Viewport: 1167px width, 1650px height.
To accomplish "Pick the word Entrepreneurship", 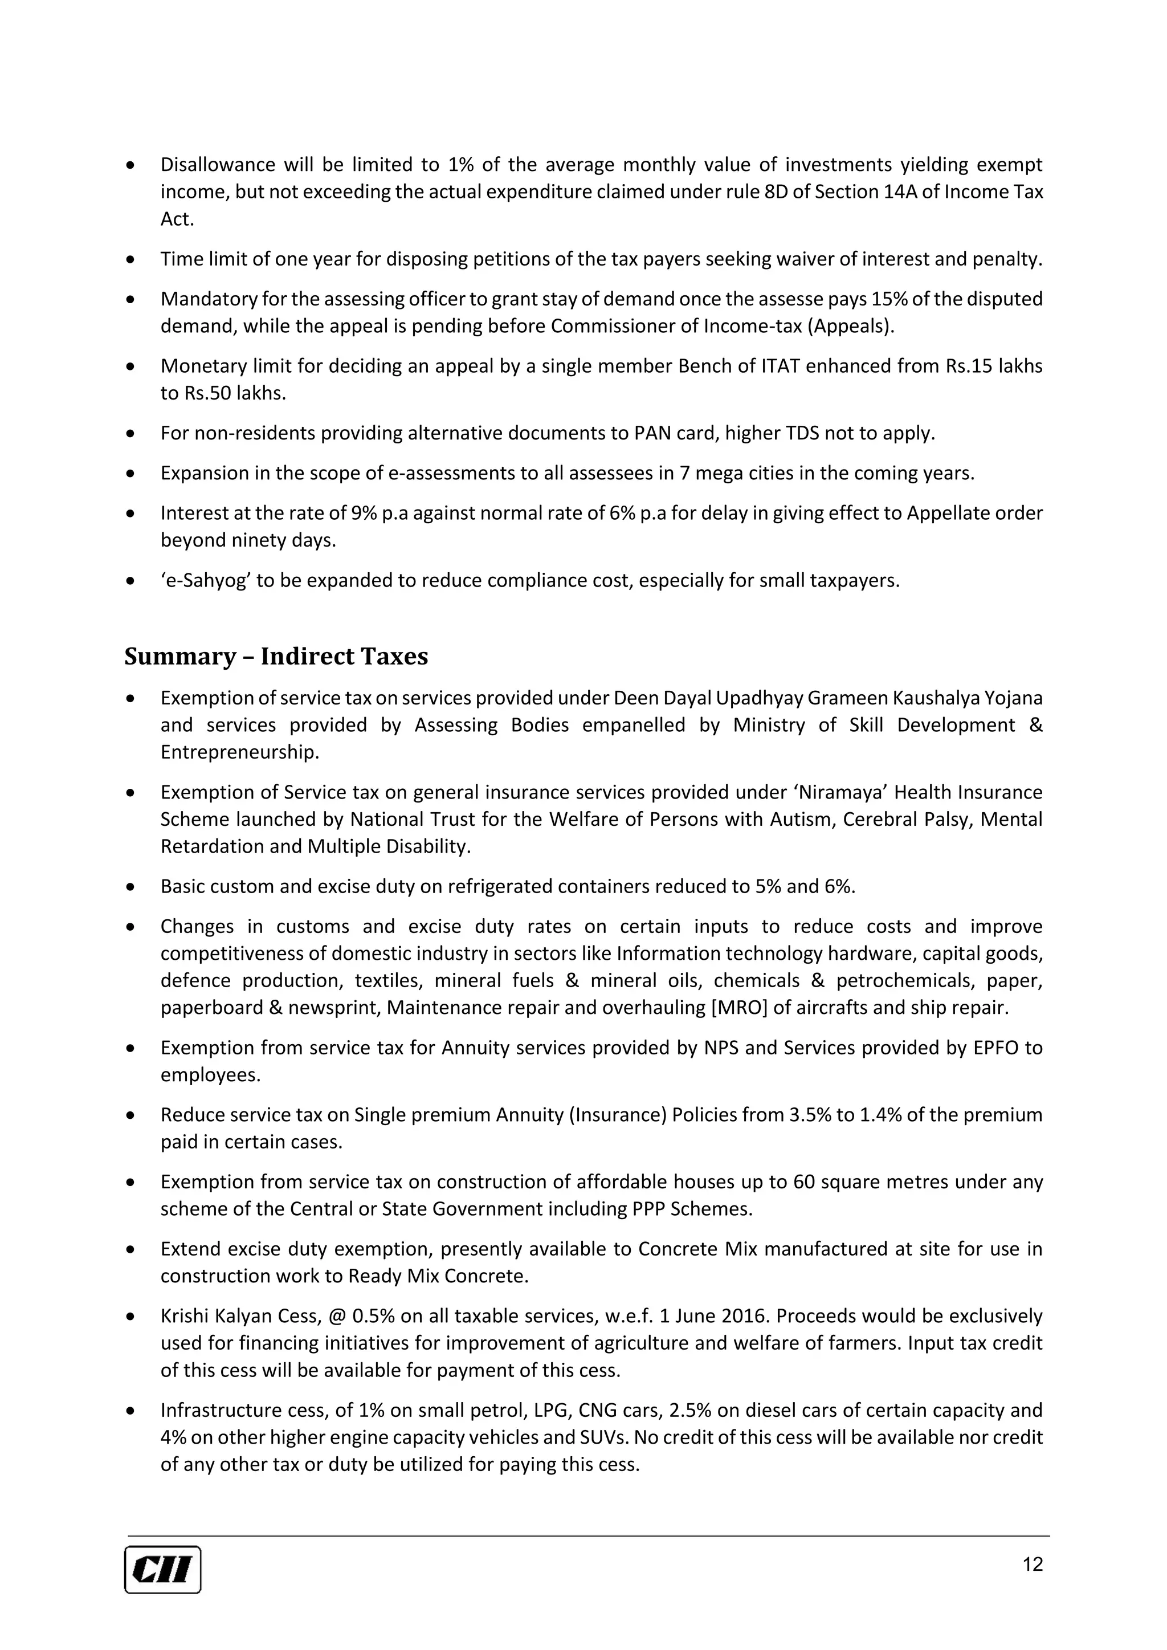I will point(239,752).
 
